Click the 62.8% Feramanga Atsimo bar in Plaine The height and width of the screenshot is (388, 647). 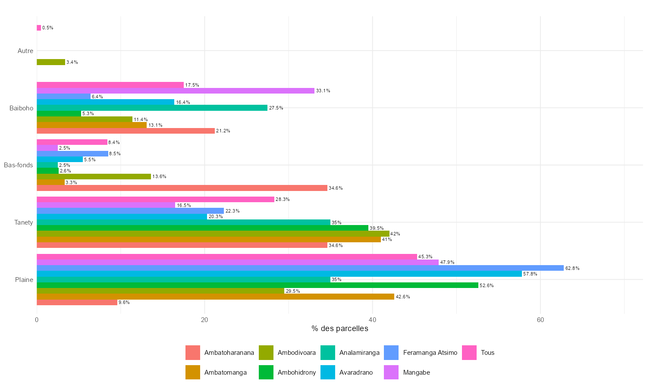(x=300, y=268)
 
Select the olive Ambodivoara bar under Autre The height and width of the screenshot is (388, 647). (x=51, y=62)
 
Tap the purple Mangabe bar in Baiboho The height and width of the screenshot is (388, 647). (x=176, y=91)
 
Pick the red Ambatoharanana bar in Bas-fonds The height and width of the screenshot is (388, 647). (x=182, y=188)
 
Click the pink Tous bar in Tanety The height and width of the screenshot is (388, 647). (x=155, y=200)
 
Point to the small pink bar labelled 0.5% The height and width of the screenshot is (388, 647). (x=39, y=28)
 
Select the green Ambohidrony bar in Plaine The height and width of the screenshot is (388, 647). (x=258, y=285)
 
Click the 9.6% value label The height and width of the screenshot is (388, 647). (x=124, y=303)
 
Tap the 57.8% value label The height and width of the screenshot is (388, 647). (x=530, y=274)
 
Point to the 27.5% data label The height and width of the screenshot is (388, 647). (x=276, y=108)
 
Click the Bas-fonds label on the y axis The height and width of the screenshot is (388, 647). (x=19, y=165)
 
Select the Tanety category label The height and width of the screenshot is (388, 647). (x=24, y=222)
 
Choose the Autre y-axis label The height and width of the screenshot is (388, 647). (x=25, y=51)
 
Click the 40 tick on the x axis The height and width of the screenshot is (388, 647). (x=372, y=320)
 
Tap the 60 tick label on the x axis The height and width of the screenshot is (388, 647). (x=540, y=320)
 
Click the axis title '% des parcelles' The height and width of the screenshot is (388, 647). (x=340, y=329)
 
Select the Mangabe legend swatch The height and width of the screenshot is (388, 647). (x=391, y=372)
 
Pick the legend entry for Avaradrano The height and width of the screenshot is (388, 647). (x=356, y=372)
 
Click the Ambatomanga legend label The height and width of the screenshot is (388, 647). (x=226, y=372)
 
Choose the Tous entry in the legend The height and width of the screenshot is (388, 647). (x=487, y=353)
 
